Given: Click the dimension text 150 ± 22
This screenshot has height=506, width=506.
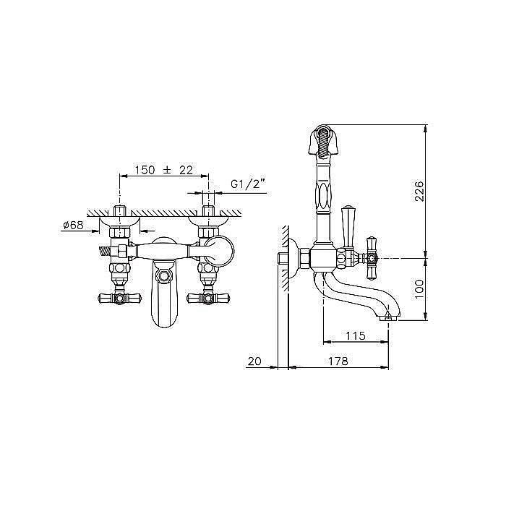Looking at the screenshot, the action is (x=163, y=170).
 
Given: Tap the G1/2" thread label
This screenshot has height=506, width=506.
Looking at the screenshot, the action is (x=247, y=184).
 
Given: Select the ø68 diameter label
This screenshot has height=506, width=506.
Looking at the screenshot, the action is (x=73, y=225).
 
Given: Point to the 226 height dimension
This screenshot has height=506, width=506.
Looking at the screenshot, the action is (x=419, y=192).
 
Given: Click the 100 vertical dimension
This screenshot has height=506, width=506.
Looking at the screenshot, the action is (x=419, y=289).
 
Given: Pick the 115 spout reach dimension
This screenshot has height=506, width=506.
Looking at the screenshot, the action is (x=356, y=336).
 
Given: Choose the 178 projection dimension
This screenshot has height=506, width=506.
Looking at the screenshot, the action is (x=338, y=361).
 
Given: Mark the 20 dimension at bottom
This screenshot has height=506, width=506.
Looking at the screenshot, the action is (x=254, y=361).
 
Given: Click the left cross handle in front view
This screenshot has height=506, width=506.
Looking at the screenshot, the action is (x=120, y=299).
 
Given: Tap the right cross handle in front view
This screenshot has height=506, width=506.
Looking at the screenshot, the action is (x=208, y=299).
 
